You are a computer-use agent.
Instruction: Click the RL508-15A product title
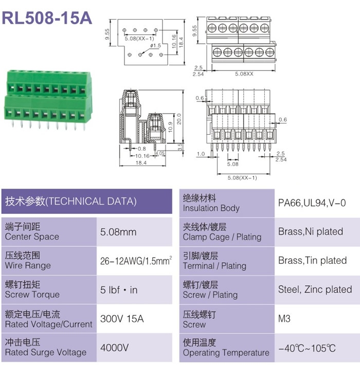47,17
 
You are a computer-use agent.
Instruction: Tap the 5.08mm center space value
118,232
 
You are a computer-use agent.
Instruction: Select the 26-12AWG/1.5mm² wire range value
136,261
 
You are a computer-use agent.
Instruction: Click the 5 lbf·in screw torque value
119,290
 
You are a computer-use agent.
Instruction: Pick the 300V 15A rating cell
122,319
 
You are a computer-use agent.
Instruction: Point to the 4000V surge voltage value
114,348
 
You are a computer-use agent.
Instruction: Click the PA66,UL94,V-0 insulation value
312,203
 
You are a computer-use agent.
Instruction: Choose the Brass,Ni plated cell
311,232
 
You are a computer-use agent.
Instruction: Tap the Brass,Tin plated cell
313,261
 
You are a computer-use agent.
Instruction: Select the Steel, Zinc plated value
315,289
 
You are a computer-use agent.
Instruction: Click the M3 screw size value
284,318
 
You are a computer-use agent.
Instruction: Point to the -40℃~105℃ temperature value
307,348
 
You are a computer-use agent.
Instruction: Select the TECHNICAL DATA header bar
86,202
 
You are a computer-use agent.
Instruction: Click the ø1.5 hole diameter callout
155,46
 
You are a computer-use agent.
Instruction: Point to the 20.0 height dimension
179,119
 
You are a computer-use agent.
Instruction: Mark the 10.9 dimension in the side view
170,127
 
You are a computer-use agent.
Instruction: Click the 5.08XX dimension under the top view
244,74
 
